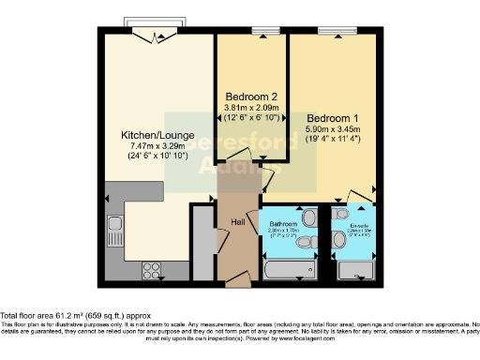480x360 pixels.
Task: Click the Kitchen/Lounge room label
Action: pyautogui.click(x=155, y=133)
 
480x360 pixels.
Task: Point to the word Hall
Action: pyautogui.click(x=239, y=222)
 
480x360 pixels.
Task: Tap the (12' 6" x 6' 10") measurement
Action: pyautogui.click(x=252, y=119)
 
